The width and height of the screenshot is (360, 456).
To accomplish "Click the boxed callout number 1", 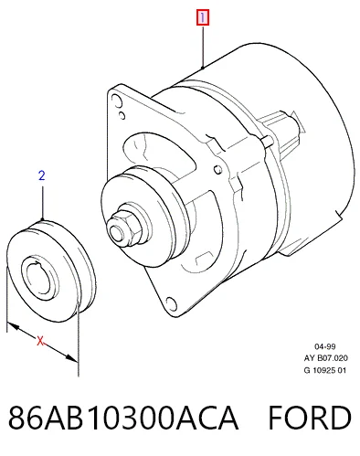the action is click(x=203, y=17).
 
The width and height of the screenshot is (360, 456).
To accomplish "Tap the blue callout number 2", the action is click(x=42, y=175).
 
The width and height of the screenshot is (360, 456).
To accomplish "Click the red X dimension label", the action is click(x=40, y=341).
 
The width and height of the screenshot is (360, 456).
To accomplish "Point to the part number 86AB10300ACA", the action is click(x=122, y=418).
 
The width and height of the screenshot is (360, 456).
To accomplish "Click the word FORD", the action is click(x=310, y=418).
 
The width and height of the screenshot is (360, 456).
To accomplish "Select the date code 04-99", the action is click(x=325, y=346).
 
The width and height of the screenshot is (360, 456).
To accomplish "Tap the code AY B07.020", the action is click(x=325, y=358).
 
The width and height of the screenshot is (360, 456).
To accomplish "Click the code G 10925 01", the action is click(x=325, y=370).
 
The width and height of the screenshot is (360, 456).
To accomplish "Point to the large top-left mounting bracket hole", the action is click(x=116, y=101).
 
